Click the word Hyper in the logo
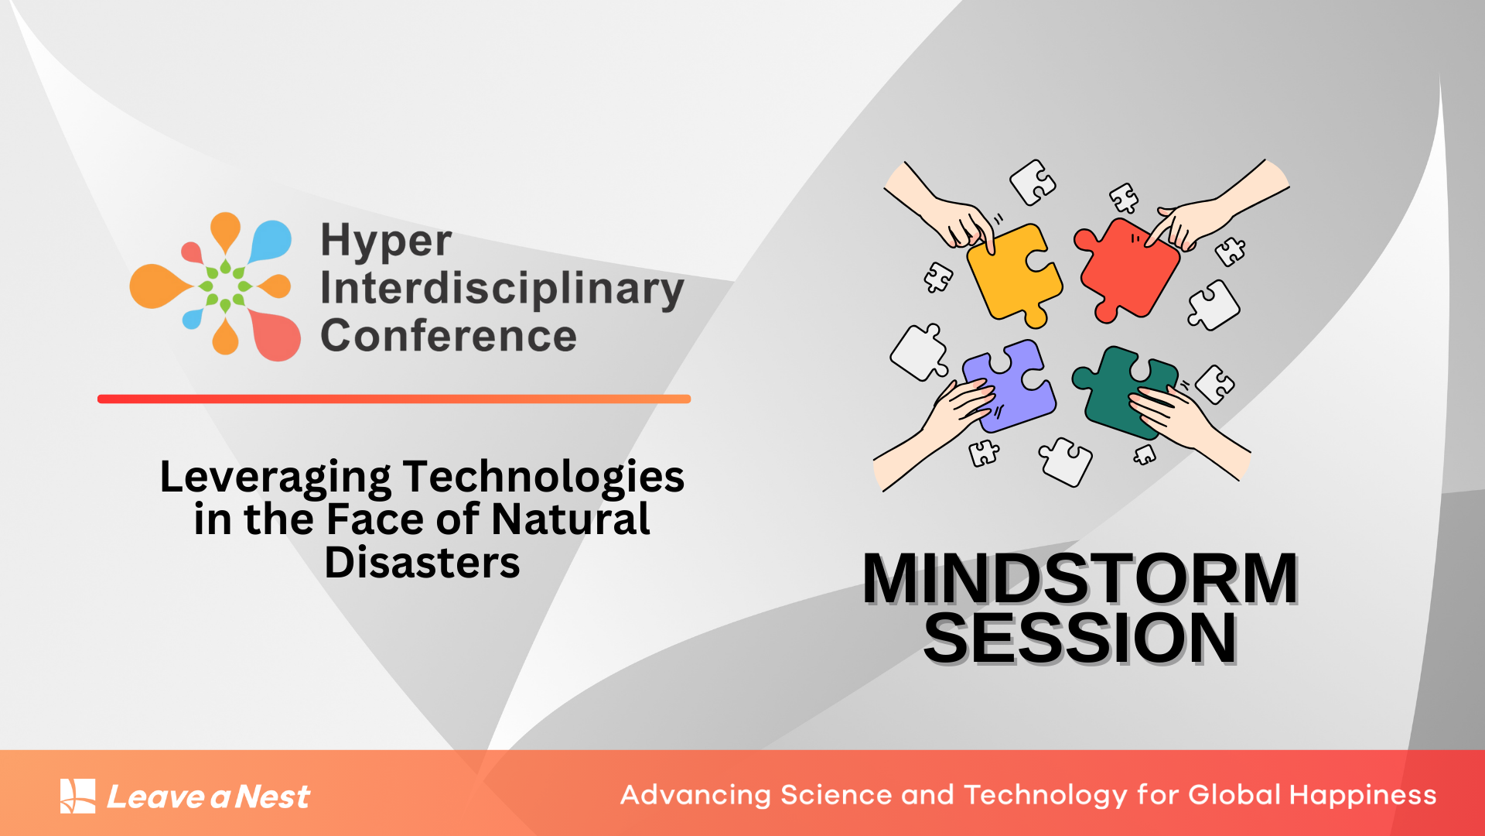(x=385, y=242)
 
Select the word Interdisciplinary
(x=501, y=289)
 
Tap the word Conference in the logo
(x=449, y=336)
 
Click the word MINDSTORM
(x=1080, y=579)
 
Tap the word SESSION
(x=1080, y=639)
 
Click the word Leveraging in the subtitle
(x=275, y=477)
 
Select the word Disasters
(x=422, y=563)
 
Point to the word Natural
(x=570, y=519)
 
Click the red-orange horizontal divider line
(x=394, y=399)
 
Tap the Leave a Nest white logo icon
(x=78, y=796)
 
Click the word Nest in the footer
(x=272, y=797)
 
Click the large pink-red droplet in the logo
(x=277, y=336)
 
